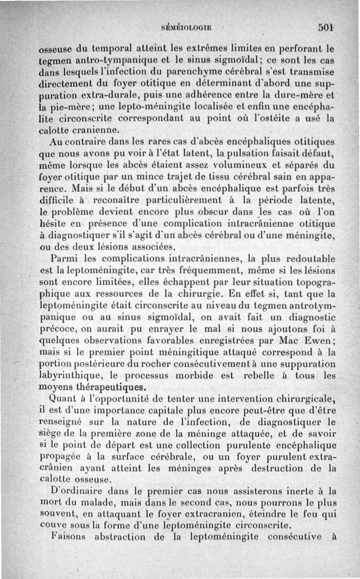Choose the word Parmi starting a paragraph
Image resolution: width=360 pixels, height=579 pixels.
pos(66,259)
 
